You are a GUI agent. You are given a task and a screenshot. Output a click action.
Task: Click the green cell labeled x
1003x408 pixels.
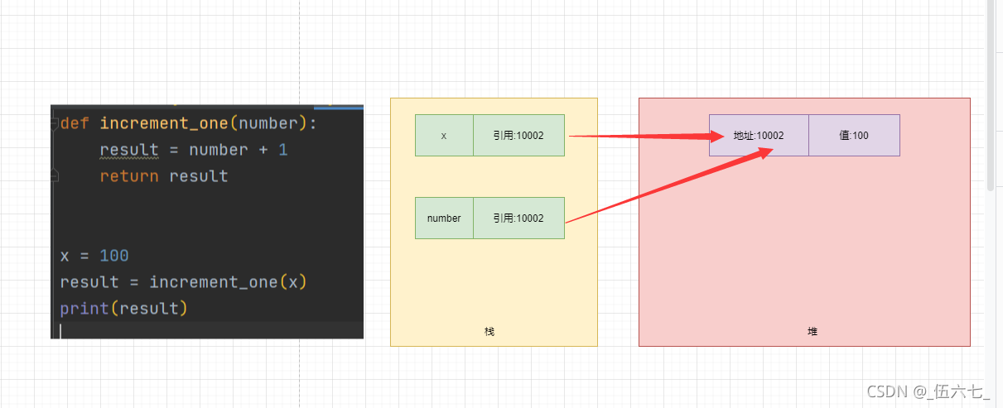[444, 135]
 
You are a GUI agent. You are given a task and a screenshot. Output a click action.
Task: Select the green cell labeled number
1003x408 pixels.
[444, 218]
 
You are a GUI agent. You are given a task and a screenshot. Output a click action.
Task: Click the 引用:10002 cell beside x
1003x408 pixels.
[518, 135]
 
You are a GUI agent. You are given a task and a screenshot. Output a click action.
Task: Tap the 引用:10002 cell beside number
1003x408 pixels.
[518, 218]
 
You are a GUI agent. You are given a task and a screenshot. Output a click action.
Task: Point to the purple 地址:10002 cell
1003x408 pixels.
[759, 135]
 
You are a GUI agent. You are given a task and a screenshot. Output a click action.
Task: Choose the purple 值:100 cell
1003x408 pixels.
[854, 135]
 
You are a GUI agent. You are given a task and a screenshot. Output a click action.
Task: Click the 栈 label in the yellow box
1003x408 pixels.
[489, 331]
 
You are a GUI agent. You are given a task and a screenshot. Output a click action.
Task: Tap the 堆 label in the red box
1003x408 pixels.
[813, 331]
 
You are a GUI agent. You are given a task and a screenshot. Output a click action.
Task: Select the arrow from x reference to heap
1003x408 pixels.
[638, 137]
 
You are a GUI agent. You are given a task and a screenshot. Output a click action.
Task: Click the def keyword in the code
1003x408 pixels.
[75, 123]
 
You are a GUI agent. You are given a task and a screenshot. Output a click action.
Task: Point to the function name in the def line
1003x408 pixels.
[163, 123]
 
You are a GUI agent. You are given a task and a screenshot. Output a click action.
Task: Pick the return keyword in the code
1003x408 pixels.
[129, 176]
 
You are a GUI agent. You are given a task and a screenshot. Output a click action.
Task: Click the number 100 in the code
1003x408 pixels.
[113, 256]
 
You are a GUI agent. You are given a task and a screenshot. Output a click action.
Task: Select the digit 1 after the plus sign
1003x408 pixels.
[283, 150]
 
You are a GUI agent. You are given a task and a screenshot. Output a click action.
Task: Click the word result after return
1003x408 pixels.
[198, 176]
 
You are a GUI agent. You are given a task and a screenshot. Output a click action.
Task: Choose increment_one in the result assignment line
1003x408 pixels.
[213, 282]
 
